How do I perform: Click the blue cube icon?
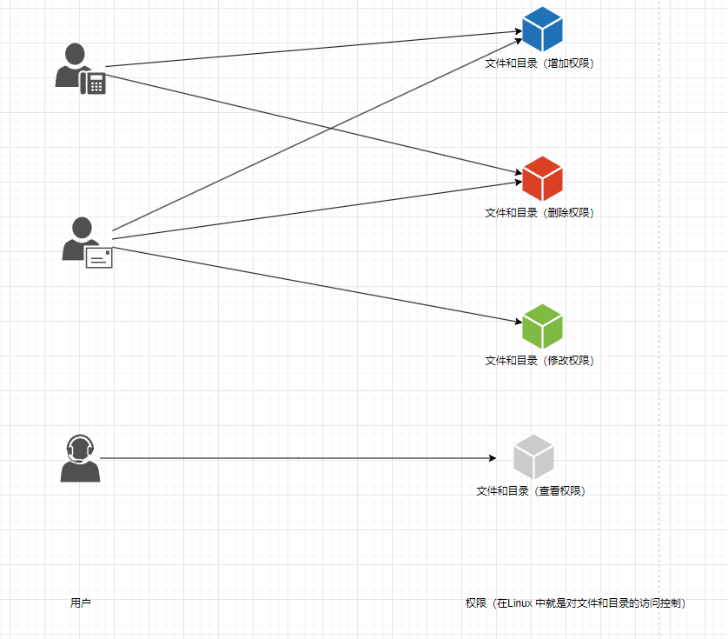(542, 29)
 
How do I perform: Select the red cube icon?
(542, 178)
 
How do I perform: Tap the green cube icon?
(542, 326)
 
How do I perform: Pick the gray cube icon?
(533, 456)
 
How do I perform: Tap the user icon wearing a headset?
(80, 458)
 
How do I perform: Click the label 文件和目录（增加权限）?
(539, 63)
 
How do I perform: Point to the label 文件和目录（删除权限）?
(539, 213)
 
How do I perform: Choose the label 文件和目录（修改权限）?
(539, 361)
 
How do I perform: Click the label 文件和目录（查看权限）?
(531, 491)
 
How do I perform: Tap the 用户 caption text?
(81, 602)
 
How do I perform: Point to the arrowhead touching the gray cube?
(492, 458)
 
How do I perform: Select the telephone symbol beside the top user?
(93, 83)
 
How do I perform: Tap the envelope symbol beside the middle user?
(99, 257)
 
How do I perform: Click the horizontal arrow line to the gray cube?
(295, 458)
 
